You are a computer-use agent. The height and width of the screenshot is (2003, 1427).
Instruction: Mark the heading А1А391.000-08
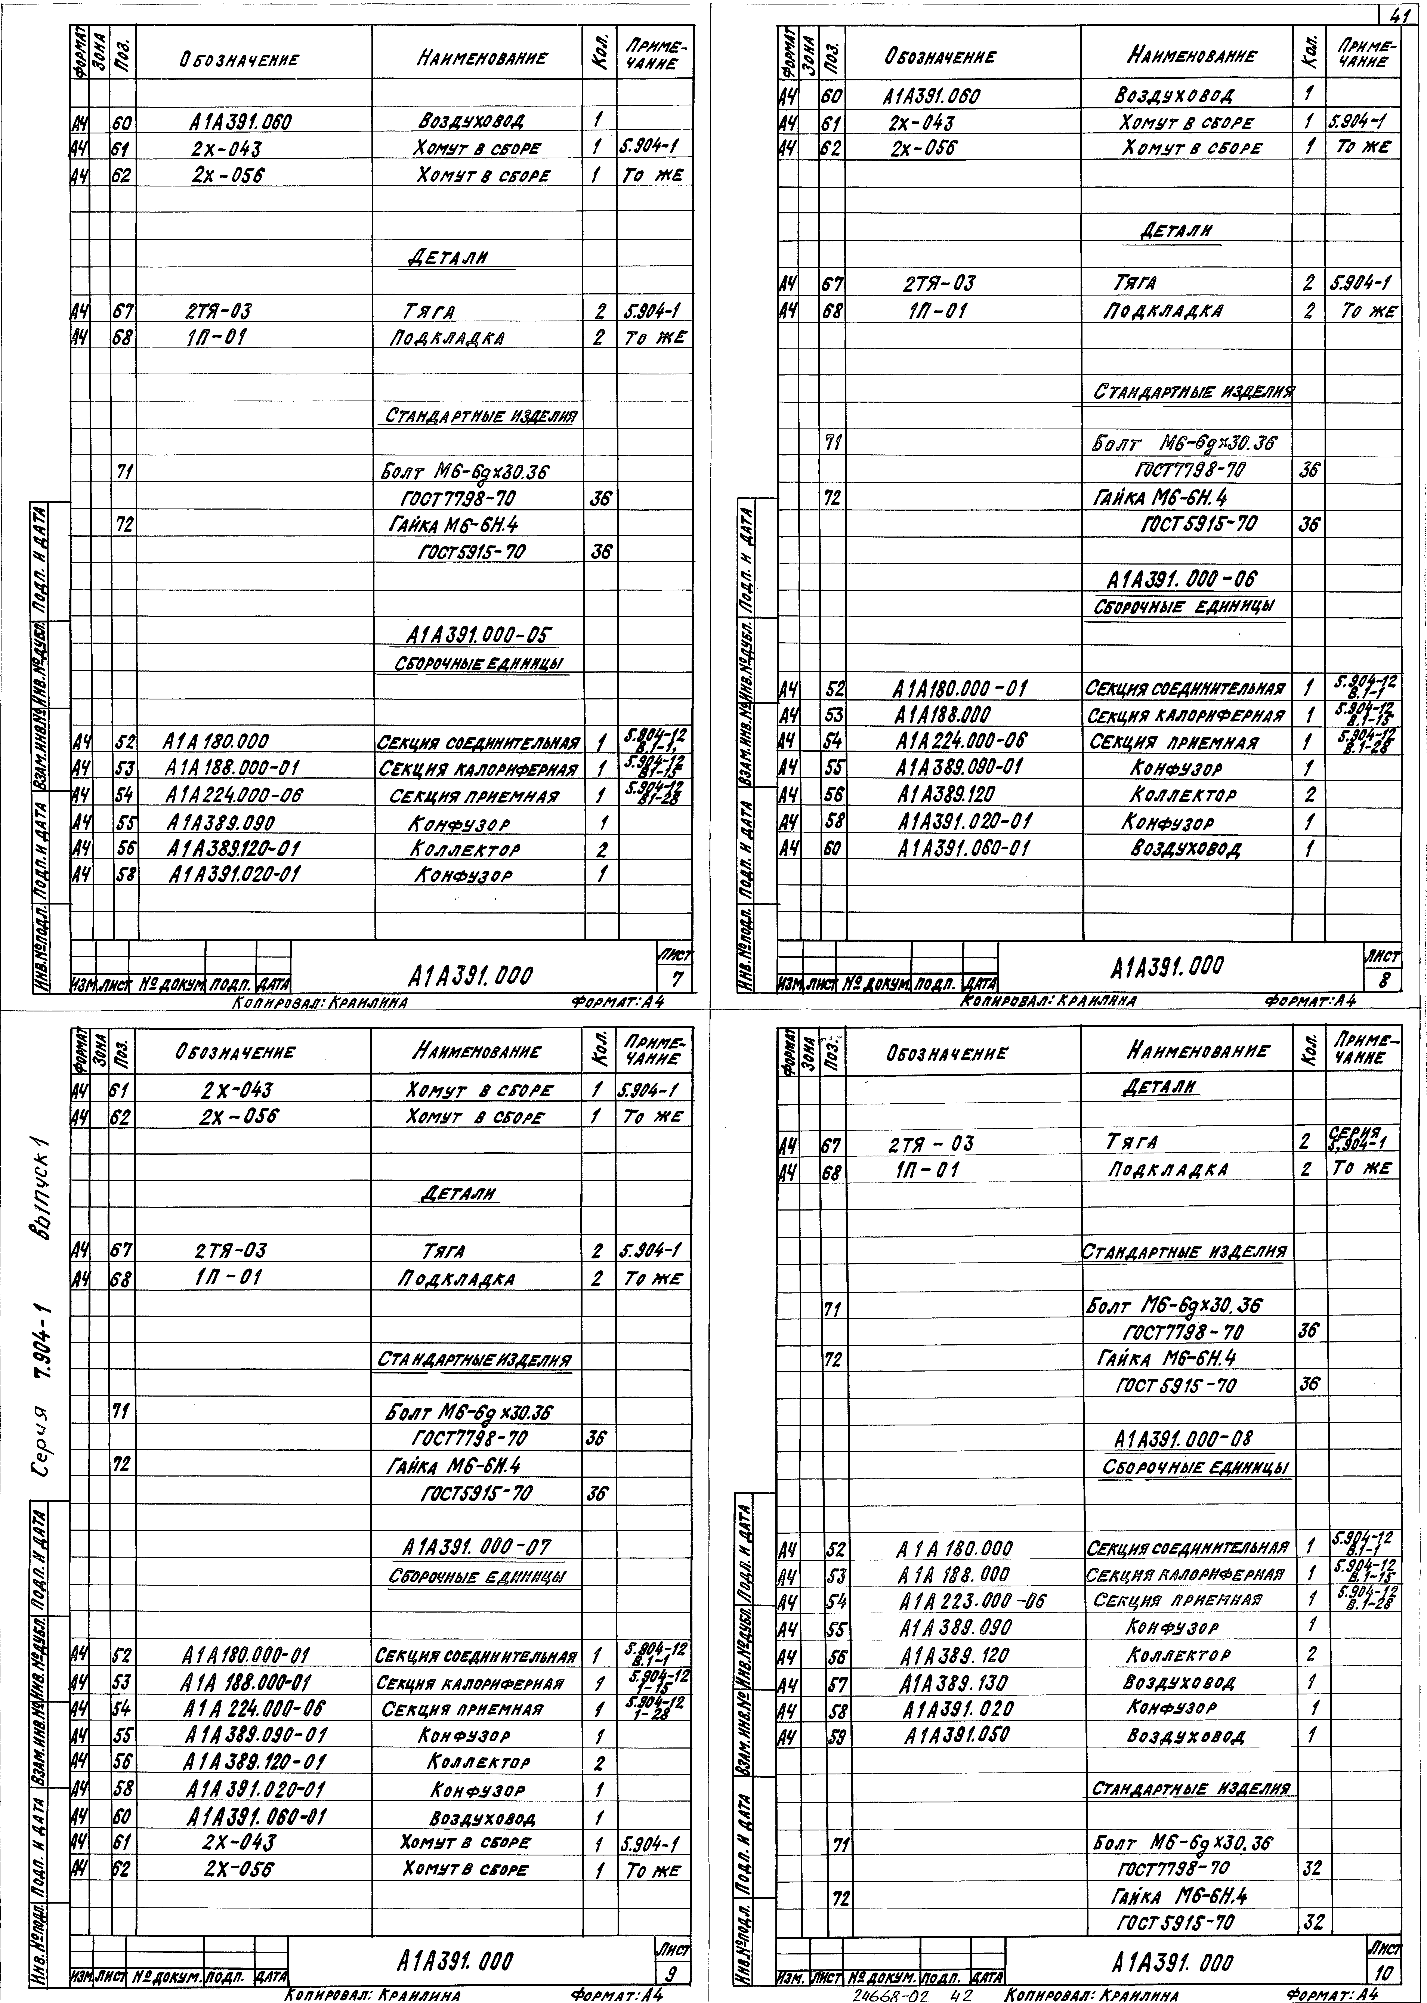coord(1183,1438)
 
